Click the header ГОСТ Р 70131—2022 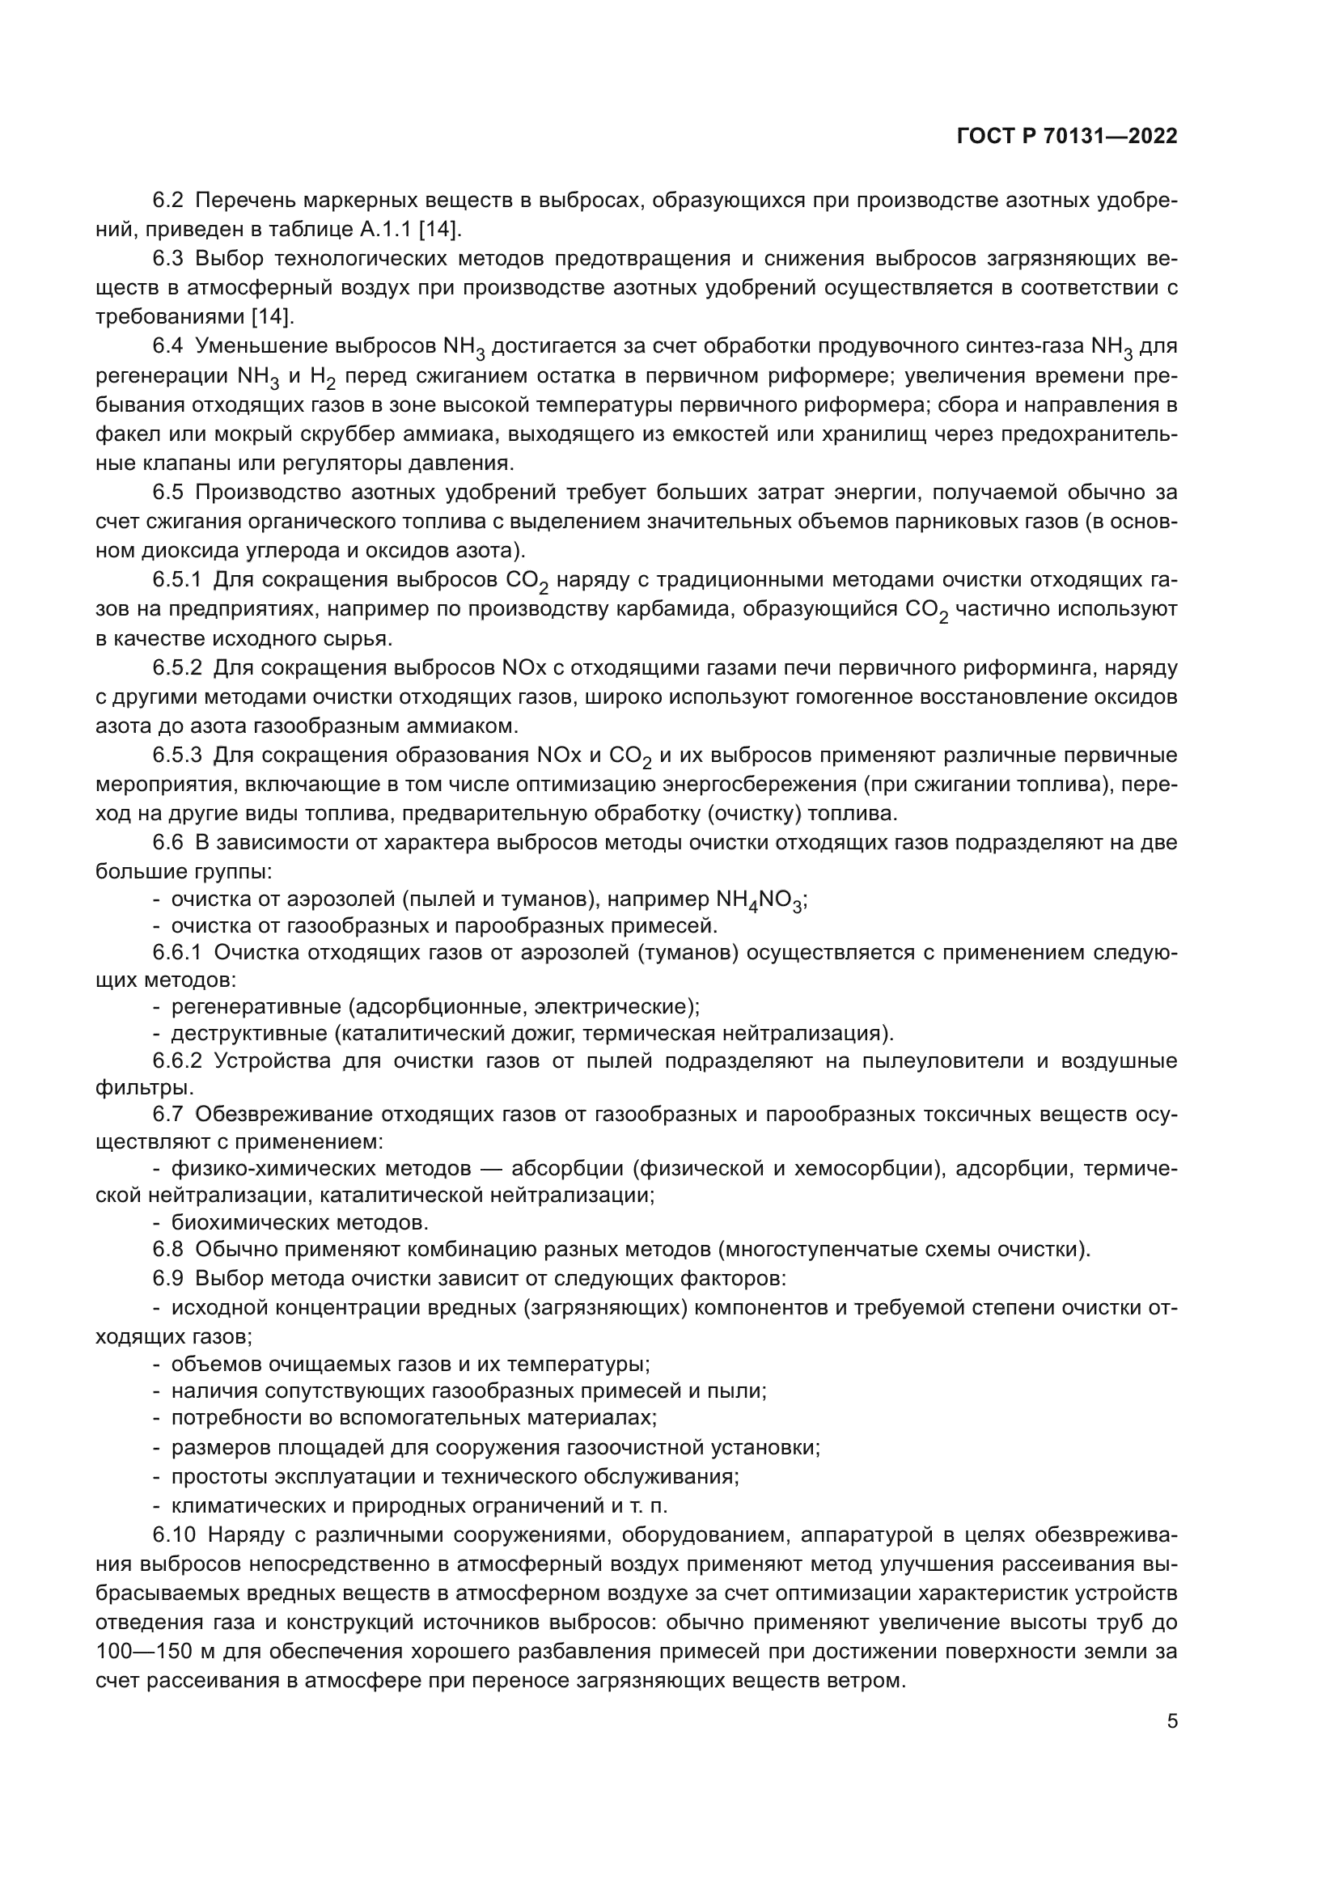(x=1067, y=137)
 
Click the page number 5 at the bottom (x=1172, y=1721)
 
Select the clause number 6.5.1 (x=177, y=580)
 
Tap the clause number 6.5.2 (x=177, y=667)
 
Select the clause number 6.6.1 (x=177, y=953)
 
